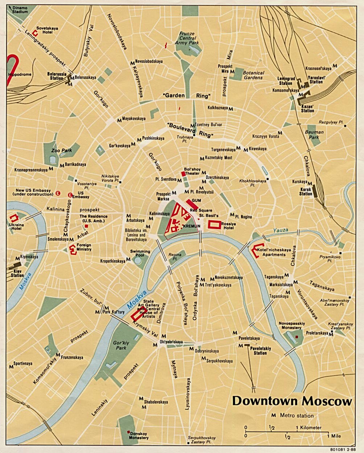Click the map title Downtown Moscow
click(x=292, y=401)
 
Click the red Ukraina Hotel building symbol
click(x=15, y=218)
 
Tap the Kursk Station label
click(x=306, y=191)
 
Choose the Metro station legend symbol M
click(x=273, y=415)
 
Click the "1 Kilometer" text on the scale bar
click(x=309, y=428)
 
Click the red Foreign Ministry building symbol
click(x=73, y=249)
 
